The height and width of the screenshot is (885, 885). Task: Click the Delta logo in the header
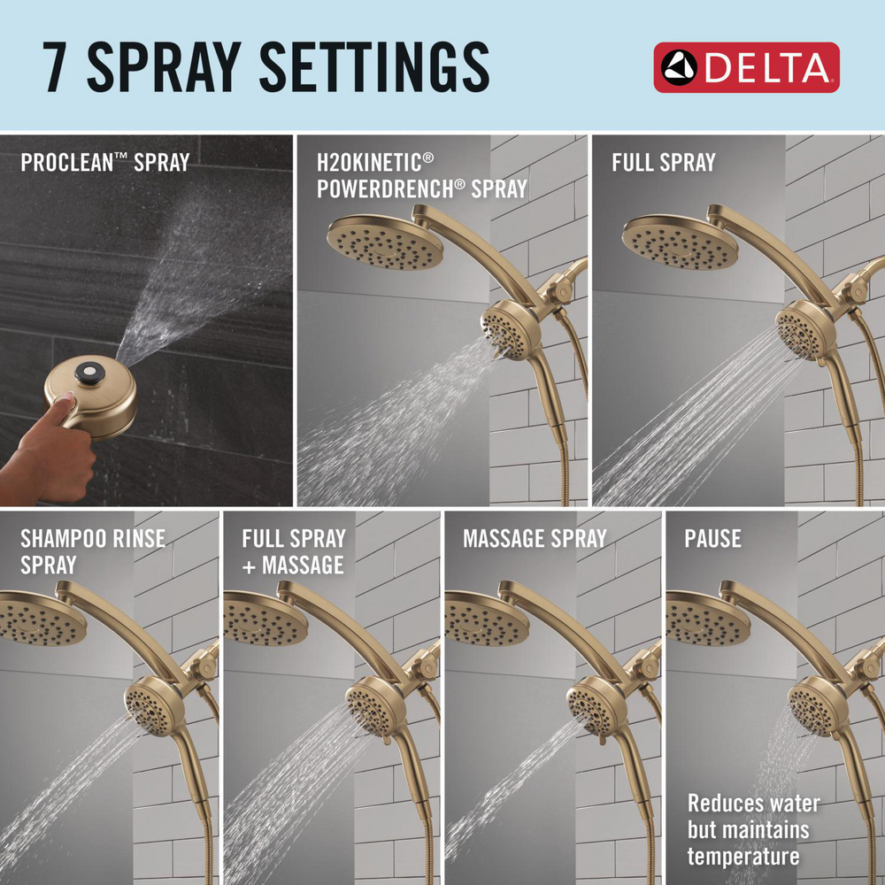746,67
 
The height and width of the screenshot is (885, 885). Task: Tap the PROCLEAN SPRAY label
104,163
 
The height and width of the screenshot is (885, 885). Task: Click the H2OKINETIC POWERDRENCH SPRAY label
422,174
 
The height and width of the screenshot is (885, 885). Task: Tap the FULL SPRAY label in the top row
663,163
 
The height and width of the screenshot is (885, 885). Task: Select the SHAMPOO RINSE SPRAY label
92,550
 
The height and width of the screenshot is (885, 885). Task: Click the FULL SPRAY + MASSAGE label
293,550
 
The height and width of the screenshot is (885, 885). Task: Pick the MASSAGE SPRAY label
535,538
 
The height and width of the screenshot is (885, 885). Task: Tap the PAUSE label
712,538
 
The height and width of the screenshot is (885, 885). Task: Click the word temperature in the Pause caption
743,856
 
